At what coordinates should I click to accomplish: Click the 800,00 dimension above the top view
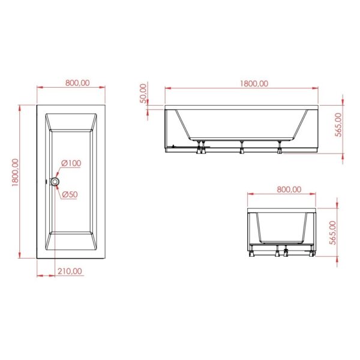point(77,83)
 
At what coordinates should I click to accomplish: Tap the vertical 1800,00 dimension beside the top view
point(15,172)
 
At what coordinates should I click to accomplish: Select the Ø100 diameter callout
point(71,163)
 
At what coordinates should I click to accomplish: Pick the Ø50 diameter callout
point(70,194)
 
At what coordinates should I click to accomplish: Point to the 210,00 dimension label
point(70,271)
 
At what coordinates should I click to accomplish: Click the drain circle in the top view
point(55,182)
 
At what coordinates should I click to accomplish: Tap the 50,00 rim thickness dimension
point(143,94)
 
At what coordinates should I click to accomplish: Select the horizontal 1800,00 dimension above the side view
point(254,83)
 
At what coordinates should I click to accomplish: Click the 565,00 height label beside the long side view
point(338,125)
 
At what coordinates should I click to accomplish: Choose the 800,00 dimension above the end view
point(289,190)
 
